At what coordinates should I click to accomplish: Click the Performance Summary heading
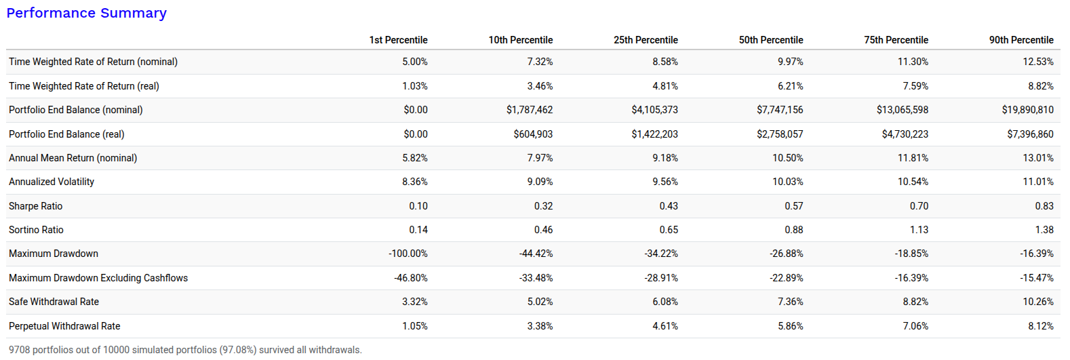click(x=86, y=13)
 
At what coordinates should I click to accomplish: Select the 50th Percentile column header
click(x=771, y=40)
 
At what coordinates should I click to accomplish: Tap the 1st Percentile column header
click(x=398, y=40)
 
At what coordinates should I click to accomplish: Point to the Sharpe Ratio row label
click(x=35, y=206)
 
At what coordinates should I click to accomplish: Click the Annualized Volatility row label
click(x=52, y=182)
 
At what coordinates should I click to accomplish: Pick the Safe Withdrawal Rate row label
click(x=54, y=302)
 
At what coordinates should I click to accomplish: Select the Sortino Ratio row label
click(x=36, y=230)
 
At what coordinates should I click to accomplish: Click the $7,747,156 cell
click(x=780, y=110)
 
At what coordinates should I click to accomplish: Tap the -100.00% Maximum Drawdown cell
click(x=408, y=254)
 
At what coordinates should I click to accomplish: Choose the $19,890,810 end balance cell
click(x=1027, y=110)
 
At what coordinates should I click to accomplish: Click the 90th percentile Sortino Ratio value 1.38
click(x=1044, y=230)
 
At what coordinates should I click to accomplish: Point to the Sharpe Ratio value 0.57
click(x=793, y=206)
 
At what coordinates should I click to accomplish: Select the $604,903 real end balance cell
click(x=533, y=134)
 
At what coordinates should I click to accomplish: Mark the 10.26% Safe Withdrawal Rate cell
click(x=1038, y=302)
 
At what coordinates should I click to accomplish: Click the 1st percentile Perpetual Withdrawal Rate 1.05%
click(x=415, y=326)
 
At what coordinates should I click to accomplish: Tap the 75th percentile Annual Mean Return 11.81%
click(x=913, y=158)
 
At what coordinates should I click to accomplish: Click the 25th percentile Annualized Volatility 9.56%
click(x=665, y=182)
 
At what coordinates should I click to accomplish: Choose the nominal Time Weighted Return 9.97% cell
click(x=791, y=62)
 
